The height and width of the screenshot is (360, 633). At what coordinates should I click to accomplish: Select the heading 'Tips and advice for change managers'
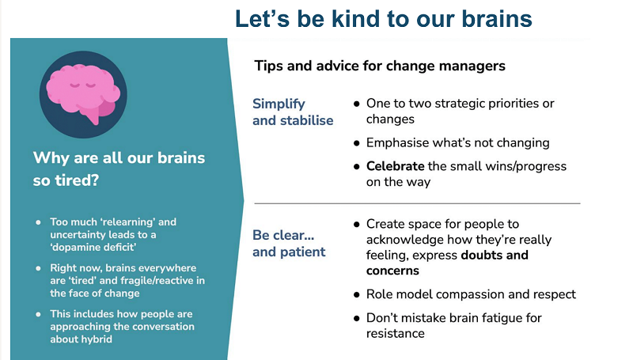tap(380, 66)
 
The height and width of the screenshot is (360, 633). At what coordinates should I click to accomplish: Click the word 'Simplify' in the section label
tap(279, 104)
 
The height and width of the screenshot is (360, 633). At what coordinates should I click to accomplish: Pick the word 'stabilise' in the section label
tap(306, 120)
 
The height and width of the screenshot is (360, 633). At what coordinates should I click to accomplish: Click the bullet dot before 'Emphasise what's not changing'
tap(358, 143)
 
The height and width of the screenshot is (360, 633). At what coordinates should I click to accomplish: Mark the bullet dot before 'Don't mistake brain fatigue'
tap(358, 318)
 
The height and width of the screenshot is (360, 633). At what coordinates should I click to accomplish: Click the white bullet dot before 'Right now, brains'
tap(37, 268)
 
